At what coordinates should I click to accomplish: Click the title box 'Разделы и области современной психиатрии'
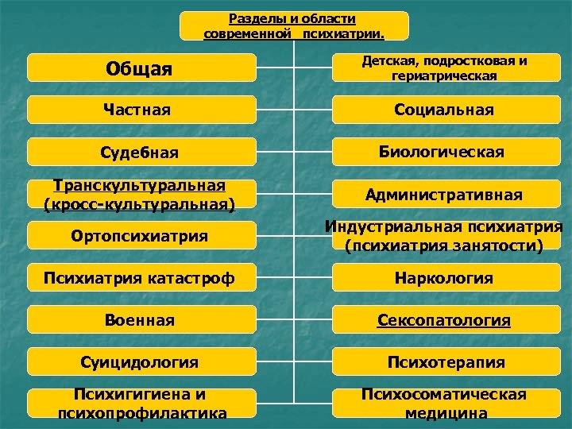[294, 25]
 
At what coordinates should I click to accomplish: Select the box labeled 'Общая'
[141, 68]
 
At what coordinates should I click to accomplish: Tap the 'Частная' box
[141, 109]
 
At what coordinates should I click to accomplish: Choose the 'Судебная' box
[141, 152]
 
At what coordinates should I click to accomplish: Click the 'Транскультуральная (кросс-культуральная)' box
[141, 194]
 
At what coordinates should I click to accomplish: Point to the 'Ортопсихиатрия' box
[141, 236]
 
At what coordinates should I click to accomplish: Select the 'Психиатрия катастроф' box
[141, 278]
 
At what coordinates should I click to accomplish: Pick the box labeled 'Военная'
[141, 320]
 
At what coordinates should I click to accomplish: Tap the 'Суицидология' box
[141, 362]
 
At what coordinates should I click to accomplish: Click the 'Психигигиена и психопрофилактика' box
[141, 403]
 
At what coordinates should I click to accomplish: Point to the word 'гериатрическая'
[444, 75]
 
